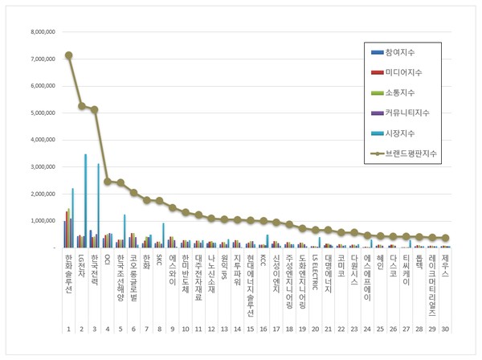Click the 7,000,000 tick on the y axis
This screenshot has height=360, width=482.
[42, 59]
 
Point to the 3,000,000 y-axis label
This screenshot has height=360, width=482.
[42, 167]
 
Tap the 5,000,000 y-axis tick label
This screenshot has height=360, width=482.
[42, 113]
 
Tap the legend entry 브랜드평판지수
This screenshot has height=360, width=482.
[415, 153]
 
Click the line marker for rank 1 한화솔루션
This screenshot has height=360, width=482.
[69, 55]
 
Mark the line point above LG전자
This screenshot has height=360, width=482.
[82, 105]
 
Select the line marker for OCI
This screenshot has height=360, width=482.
[108, 182]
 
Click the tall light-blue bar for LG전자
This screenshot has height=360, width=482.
[85, 201]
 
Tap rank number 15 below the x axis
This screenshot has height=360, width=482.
[250, 329]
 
